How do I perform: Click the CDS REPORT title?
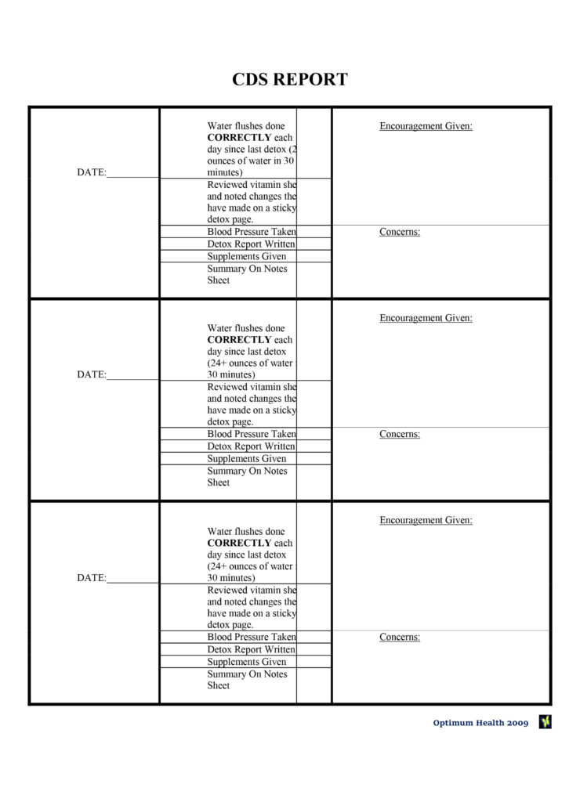(x=289, y=79)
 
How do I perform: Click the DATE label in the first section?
(x=92, y=172)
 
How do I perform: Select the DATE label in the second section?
(x=92, y=374)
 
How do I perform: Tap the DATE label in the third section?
(x=92, y=578)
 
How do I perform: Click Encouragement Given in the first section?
(x=426, y=126)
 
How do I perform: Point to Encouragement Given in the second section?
(x=426, y=318)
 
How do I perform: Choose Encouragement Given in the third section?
(x=426, y=520)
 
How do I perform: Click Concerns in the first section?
(x=400, y=232)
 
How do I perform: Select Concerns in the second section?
(x=400, y=434)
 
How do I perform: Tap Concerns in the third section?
(x=400, y=637)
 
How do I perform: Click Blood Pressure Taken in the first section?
(x=252, y=232)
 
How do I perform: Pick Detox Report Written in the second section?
(x=251, y=446)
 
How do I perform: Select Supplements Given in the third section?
(x=247, y=662)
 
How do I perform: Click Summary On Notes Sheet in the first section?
(x=247, y=274)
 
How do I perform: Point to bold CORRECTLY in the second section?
(x=239, y=340)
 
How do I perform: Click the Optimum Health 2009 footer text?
(x=480, y=723)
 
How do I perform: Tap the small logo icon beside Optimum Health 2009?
(x=545, y=722)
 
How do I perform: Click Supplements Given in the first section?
(x=247, y=256)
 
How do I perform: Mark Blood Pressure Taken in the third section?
(x=252, y=637)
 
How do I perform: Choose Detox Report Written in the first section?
(x=251, y=244)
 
